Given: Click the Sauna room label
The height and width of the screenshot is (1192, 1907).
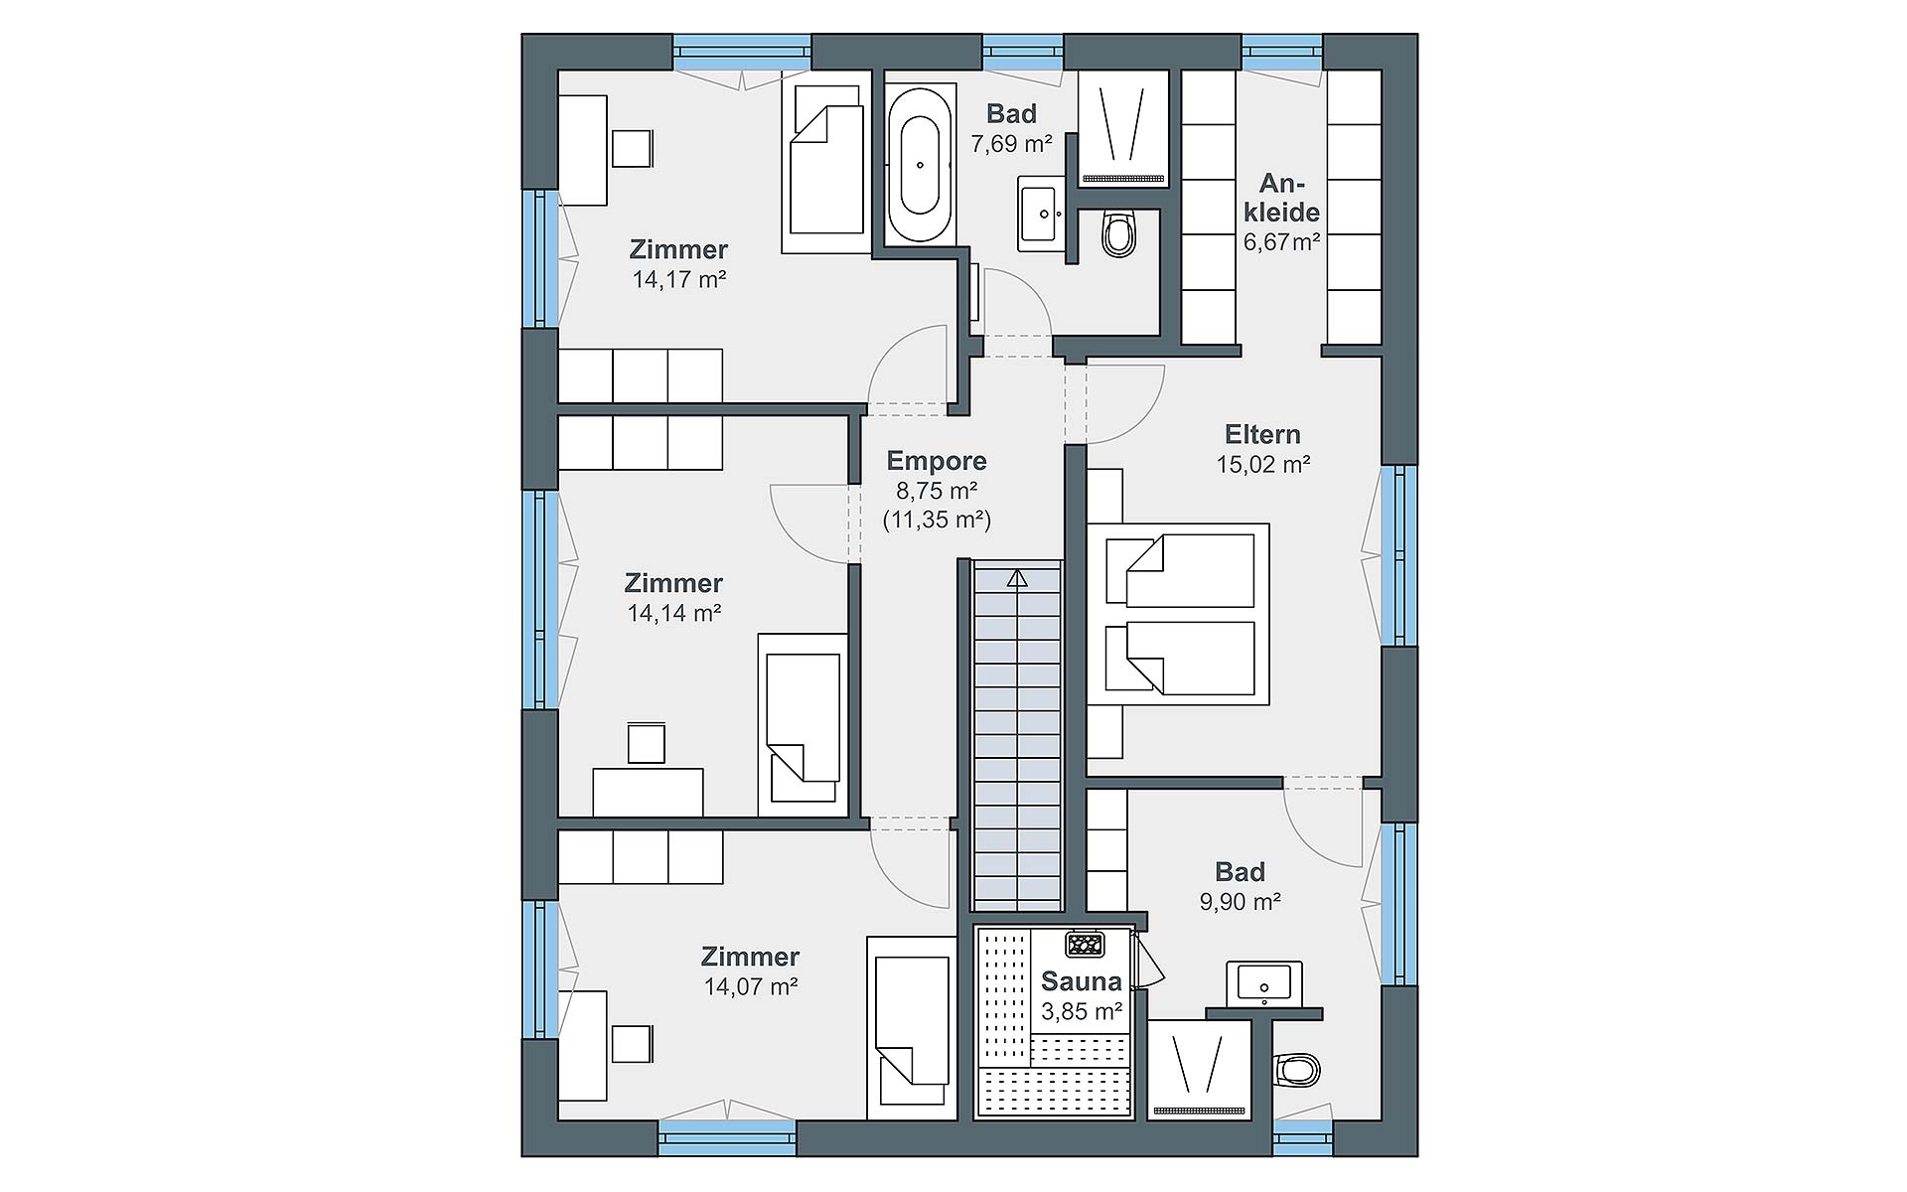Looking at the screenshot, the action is (x=1082, y=981).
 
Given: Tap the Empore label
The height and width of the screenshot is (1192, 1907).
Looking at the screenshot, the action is (x=937, y=461).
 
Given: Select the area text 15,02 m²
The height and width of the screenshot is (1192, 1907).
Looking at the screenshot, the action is (x=1263, y=464).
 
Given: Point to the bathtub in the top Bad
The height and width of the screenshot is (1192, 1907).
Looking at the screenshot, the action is (x=920, y=166).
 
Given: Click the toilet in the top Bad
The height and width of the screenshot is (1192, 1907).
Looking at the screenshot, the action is (x=1118, y=233).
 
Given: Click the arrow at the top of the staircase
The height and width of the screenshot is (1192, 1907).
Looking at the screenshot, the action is (x=1016, y=578).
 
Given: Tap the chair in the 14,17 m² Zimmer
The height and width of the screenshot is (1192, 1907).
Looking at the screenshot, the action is (x=633, y=149).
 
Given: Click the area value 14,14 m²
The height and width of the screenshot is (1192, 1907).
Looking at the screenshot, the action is (x=673, y=614).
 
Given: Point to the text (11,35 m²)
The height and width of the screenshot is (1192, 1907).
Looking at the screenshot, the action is (x=937, y=520).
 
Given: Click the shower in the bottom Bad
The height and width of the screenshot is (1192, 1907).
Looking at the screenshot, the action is (x=1200, y=1070).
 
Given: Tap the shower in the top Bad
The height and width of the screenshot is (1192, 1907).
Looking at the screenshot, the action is (x=1124, y=127).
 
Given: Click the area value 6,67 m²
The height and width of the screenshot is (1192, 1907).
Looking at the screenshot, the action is (x=1282, y=241).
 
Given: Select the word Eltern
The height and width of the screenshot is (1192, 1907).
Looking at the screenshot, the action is (x=1262, y=434).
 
